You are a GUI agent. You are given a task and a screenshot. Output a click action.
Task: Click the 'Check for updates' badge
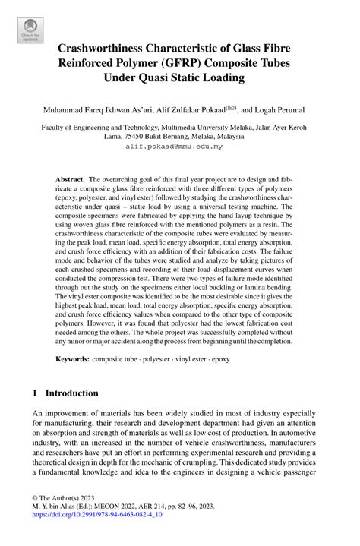30,30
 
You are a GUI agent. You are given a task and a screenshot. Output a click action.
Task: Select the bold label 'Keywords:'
77,357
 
